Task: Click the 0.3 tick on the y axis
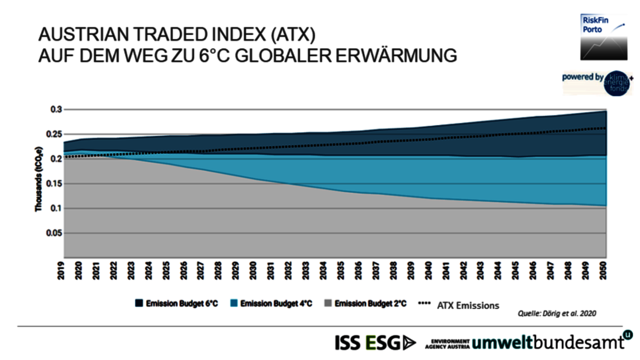(x=56, y=109)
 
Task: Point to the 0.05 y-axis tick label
(x=54, y=233)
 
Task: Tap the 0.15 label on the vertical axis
(x=54, y=184)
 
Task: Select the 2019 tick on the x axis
(x=61, y=270)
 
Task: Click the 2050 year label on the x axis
(x=603, y=270)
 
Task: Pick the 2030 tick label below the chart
(x=253, y=270)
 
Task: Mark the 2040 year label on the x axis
(x=428, y=270)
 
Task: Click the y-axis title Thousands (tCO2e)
(x=38, y=179)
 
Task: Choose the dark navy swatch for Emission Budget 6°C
(x=139, y=303)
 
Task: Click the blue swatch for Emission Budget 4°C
(x=234, y=303)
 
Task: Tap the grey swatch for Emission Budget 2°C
(x=328, y=303)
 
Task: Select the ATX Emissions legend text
(x=468, y=306)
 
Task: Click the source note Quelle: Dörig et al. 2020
(x=557, y=313)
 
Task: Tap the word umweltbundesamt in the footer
(x=547, y=342)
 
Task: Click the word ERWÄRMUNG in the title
(x=396, y=56)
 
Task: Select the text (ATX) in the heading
(x=293, y=34)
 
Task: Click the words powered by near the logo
(x=582, y=77)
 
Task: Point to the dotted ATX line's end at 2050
(x=605, y=128)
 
